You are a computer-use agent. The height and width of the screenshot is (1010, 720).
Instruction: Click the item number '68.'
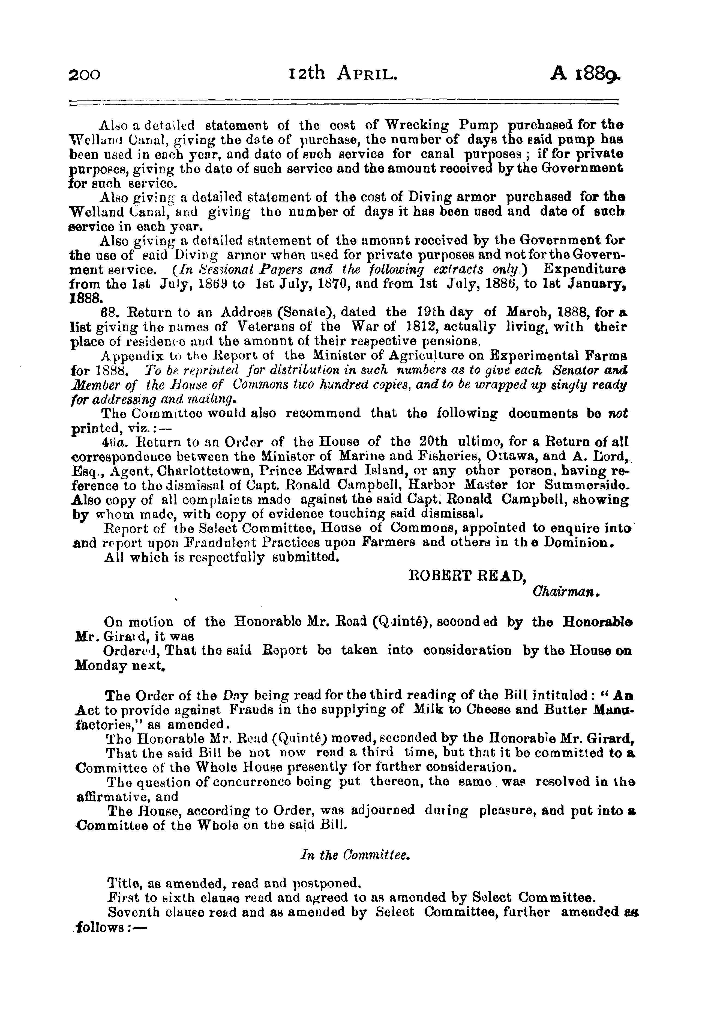(109, 312)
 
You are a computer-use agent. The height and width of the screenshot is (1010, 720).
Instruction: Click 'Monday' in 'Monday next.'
(96, 666)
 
